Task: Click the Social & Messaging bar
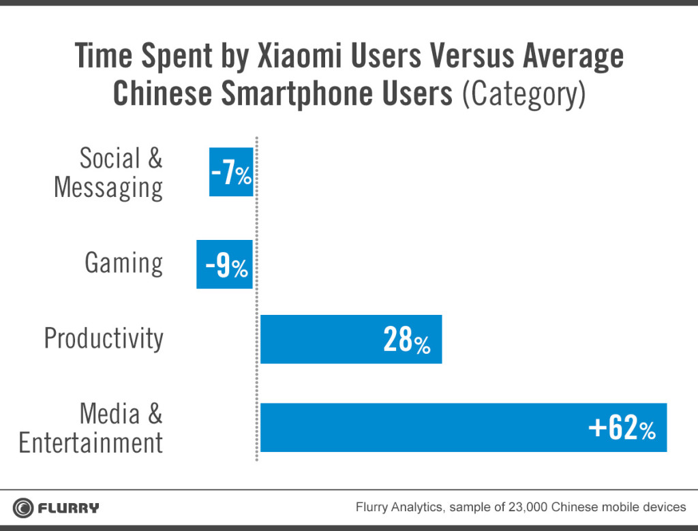pos(231,172)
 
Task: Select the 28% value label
pos(406,340)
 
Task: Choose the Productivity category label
pos(104,339)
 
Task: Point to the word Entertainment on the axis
pos(91,442)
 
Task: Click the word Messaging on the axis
pos(108,187)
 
